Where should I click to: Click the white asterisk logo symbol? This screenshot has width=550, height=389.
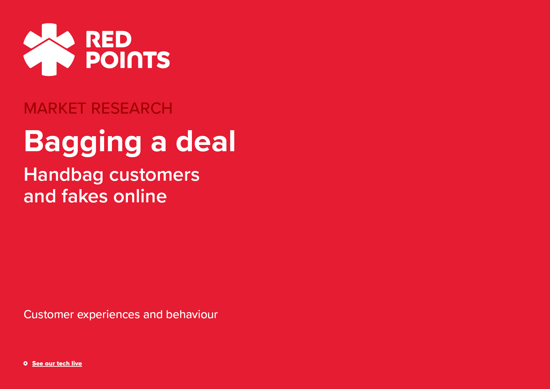[x=49, y=50]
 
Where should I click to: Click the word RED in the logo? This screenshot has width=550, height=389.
[x=108, y=40]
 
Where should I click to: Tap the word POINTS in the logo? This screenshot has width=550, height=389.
[x=128, y=60]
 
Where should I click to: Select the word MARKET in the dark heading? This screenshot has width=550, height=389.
[x=55, y=109]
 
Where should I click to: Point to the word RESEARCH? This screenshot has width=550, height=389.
[x=132, y=109]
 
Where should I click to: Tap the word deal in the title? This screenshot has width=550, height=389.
[x=205, y=141]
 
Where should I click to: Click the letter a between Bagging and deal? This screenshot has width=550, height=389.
[x=159, y=145]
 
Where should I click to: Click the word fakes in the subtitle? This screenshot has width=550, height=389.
[x=85, y=196]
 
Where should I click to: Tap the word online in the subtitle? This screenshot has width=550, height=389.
[x=140, y=196]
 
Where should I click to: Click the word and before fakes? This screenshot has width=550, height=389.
[x=40, y=196]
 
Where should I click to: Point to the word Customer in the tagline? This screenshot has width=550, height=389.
[x=49, y=314]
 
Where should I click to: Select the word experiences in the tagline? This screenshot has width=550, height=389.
[x=108, y=315]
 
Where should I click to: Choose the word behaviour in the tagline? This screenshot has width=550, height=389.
[x=192, y=314]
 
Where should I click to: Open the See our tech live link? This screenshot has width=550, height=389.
[x=57, y=364]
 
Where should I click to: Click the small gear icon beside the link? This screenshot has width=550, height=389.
[x=25, y=363]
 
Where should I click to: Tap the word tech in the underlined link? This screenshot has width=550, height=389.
[x=63, y=363]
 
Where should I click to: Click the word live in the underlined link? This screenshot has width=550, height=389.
[x=77, y=363]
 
